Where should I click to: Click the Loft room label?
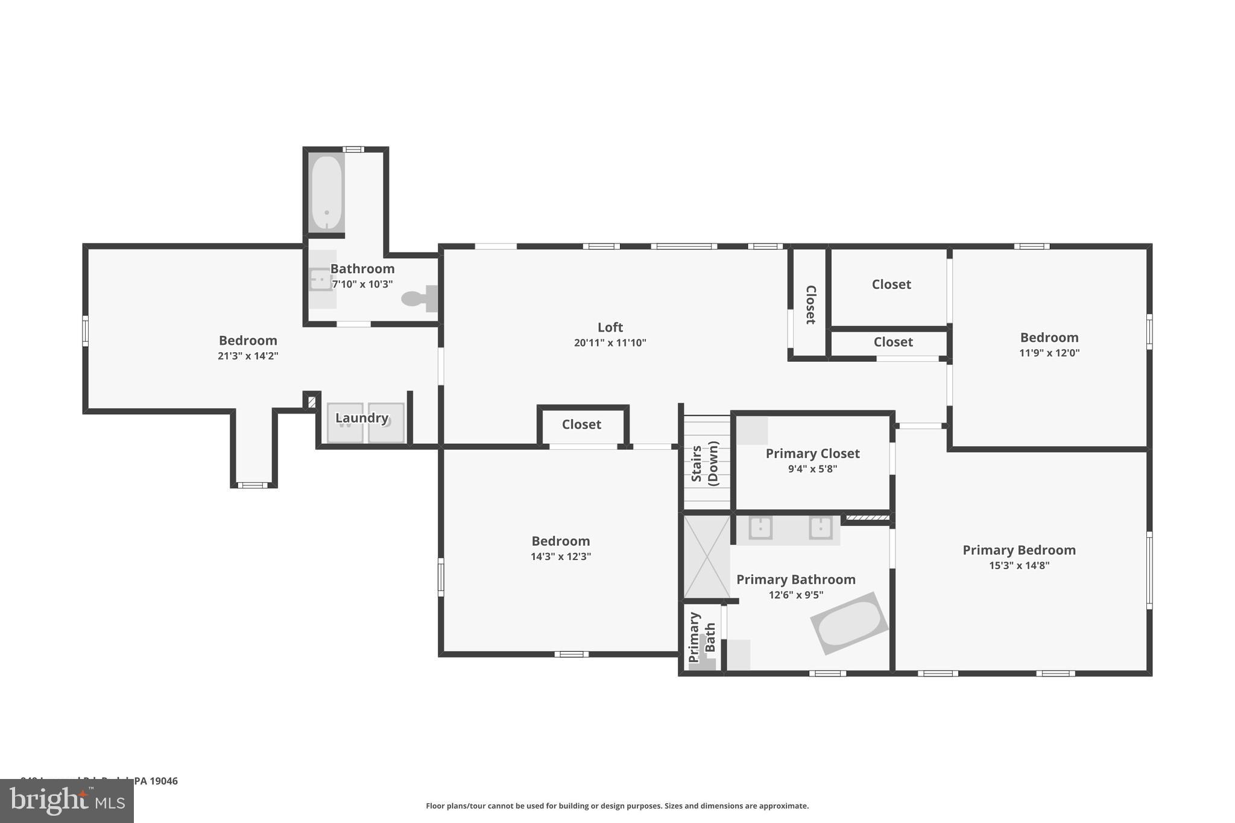point(610,327)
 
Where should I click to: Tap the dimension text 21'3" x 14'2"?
point(248,356)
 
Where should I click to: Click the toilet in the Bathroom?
point(417,298)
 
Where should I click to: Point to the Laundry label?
point(361,418)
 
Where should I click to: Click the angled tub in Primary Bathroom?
point(849,623)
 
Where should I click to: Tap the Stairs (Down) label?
point(705,463)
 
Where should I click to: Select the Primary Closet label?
point(812,453)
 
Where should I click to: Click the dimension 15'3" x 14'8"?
point(1019,566)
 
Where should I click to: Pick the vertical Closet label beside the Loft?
point(810,304)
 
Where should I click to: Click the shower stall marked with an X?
point(706,557)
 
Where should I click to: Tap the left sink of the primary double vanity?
point(760,528)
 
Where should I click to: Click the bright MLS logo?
point(67,801)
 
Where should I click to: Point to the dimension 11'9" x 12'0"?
point(1049,353)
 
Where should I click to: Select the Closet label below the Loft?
point(581,424)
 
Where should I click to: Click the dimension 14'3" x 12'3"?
point(560,557)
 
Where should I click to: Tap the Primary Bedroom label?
point(1019,550)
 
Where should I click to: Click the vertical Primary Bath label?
point(702,638)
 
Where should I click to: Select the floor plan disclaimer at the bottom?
point(617,806)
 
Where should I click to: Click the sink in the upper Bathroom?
point(320,280)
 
